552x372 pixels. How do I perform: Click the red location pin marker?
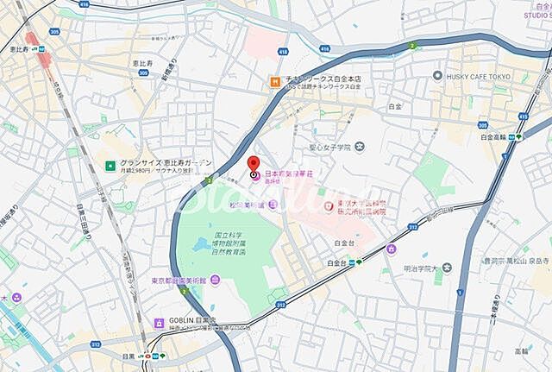(253, 165)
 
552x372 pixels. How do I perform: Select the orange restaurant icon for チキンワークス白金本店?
(274, 81)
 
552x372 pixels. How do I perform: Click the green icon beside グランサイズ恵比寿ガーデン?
(110, 165)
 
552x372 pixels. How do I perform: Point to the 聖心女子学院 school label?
(332, 148)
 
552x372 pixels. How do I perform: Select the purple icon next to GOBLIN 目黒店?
(158, 323)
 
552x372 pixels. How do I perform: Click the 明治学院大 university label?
(425, 268)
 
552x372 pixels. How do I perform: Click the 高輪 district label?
(523, 351)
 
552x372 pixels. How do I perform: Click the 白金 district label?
(395, 105)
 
